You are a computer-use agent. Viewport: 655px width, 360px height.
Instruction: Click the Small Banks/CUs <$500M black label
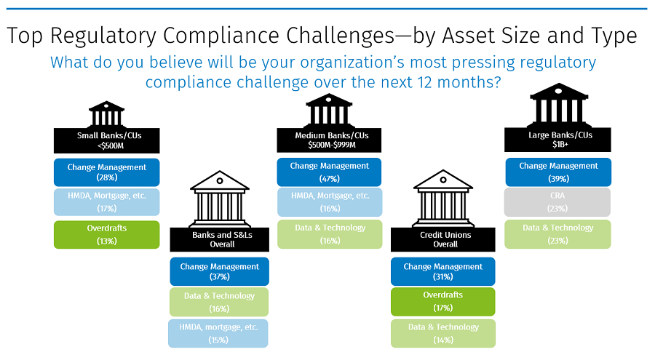tap(106, 140)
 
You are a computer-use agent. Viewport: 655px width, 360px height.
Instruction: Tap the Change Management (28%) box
tap(106, 172)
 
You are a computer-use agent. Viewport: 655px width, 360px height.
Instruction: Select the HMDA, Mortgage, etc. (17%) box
tap(106, 203)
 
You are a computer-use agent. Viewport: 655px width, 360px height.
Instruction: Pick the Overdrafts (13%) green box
tap(106, 234)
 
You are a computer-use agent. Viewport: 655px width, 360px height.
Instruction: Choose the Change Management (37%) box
tap(219, 271)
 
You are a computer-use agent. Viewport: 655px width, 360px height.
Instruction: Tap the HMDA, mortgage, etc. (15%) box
tap(219, 332)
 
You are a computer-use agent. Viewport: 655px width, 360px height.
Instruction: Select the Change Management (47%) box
tap(330, 172)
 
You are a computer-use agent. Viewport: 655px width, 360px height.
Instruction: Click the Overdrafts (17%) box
tap(442, 301)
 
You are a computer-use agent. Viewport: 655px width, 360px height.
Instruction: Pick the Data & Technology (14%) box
tap(442, 332)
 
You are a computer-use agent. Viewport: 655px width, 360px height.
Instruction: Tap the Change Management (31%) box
tap(442, 271)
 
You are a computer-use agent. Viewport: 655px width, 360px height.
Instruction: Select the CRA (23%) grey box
tap(558, 203)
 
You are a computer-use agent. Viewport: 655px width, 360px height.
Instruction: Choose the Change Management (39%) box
tap(558, 172)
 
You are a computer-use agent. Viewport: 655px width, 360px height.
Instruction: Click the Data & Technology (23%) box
tap(558, 233)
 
